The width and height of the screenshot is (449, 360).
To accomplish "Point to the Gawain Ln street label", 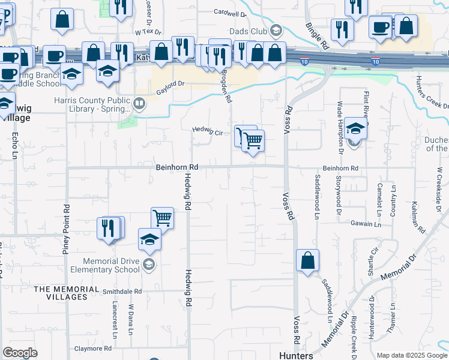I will click(366, 224).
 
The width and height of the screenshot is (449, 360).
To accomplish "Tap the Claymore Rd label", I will click(92, 348).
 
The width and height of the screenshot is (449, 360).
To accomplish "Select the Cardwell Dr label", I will click(230, 13).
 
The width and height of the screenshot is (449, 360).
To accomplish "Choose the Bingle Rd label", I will click(317, 36).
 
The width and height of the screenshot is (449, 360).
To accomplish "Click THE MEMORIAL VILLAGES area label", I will click(66, 293).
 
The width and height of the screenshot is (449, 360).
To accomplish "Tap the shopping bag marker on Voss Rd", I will click(307, 261).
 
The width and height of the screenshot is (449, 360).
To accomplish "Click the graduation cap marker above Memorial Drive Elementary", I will click(149, 240).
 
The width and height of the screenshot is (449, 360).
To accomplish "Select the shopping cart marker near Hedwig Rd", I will click(162, 218).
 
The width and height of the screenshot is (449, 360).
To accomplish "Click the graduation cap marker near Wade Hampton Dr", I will click(355, 128).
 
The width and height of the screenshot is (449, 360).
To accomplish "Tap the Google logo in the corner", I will click(20, 352).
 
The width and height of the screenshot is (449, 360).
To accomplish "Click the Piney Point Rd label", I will click(66, 229).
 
